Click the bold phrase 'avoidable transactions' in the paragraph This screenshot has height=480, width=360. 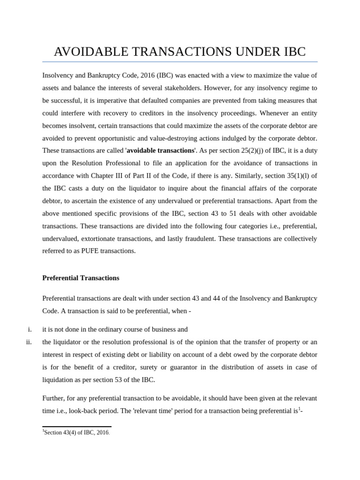click(160, 150)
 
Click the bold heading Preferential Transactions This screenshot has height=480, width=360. click(81, 278)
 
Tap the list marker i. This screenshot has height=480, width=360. click(30, 330)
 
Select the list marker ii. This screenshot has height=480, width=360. click(29, 342)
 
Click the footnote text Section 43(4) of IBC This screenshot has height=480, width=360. click(76, 433)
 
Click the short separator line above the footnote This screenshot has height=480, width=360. click(76, 427)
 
